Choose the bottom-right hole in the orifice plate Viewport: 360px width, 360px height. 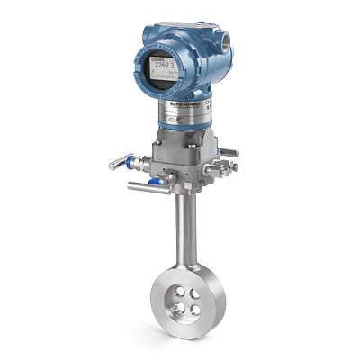[x=195, y=307]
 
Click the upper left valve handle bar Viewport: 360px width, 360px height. [x=119, y=163]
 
